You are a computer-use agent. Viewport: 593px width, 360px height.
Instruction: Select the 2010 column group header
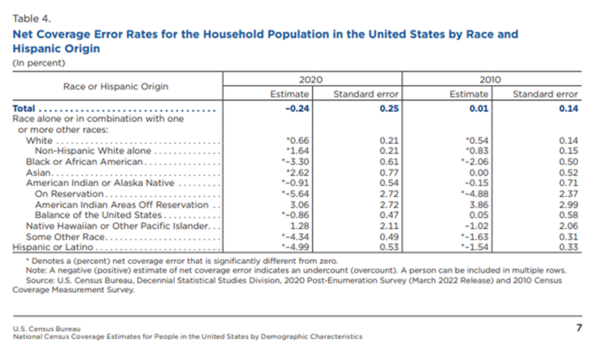pos(490,78)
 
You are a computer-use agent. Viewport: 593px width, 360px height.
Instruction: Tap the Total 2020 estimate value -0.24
pos(299,109)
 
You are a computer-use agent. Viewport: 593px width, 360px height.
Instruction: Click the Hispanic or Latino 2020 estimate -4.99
pos(299,247)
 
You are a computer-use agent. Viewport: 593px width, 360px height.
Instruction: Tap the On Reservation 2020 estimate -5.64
pos(299,193)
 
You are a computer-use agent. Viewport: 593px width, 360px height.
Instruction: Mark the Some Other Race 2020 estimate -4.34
pos(299,236)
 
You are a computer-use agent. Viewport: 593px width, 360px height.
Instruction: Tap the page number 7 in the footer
pos(578,327)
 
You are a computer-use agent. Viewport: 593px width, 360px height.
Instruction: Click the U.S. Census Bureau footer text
pos(43,327)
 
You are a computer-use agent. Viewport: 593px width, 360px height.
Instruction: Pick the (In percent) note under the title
pos(34,62)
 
